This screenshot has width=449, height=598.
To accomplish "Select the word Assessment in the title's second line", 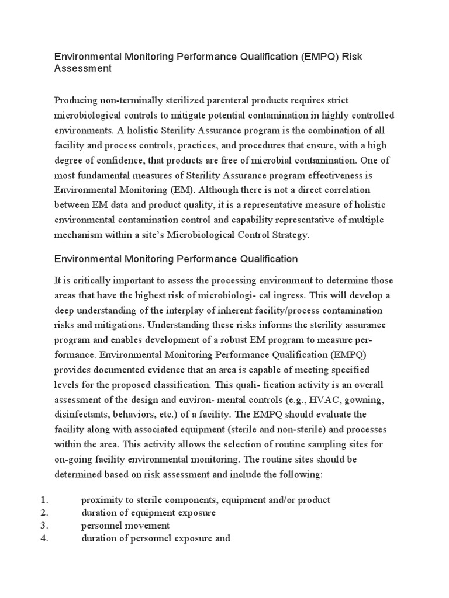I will pyautogui.click(x=82, y=69).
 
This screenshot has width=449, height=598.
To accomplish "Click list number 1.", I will pyautogui.click(x=44, y=500).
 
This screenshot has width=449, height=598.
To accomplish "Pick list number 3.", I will pyautogui.click(x=44, y=526).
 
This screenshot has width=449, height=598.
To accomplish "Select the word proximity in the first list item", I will pyautogui.click(x=102, y=500).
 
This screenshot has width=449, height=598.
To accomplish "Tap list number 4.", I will pyautogui.click(x=44, y=538).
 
